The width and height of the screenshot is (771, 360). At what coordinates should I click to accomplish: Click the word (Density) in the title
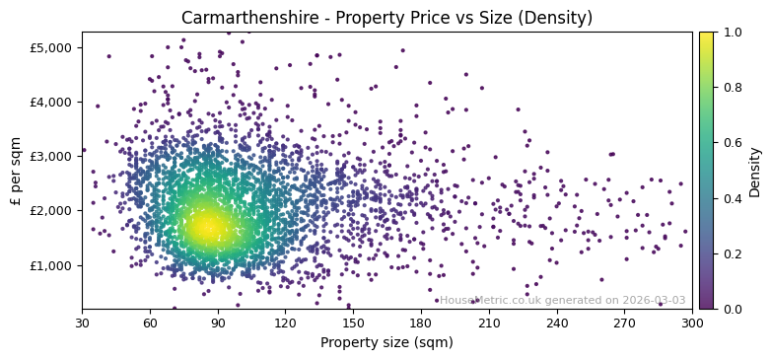pyautogui.click(x=558, y=19)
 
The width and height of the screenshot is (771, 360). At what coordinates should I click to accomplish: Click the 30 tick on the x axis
pyautogui.click(x=82, y=323)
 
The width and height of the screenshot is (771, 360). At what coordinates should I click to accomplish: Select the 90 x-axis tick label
pyautogui.click(x=218, y=323)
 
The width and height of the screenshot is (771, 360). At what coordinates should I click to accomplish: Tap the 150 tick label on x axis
pyautogui.click(x=353, y=323)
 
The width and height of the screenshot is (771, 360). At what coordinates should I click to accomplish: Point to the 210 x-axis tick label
pyautogui.click(x=489, y=323)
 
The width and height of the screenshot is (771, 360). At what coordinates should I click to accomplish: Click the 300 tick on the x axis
pyautogui.click(x=692, y=323)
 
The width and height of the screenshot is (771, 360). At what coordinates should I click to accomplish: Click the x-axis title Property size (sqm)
pyautogui.click(x=386, y=343)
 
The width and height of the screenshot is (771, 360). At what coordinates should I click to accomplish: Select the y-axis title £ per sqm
pyautogui.click(x=16, y=170)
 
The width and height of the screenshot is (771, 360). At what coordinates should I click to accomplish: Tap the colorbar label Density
pyautogui.click(x=755, y=171)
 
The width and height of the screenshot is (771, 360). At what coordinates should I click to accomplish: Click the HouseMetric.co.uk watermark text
pyautogui.click(x=562, y=301)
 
